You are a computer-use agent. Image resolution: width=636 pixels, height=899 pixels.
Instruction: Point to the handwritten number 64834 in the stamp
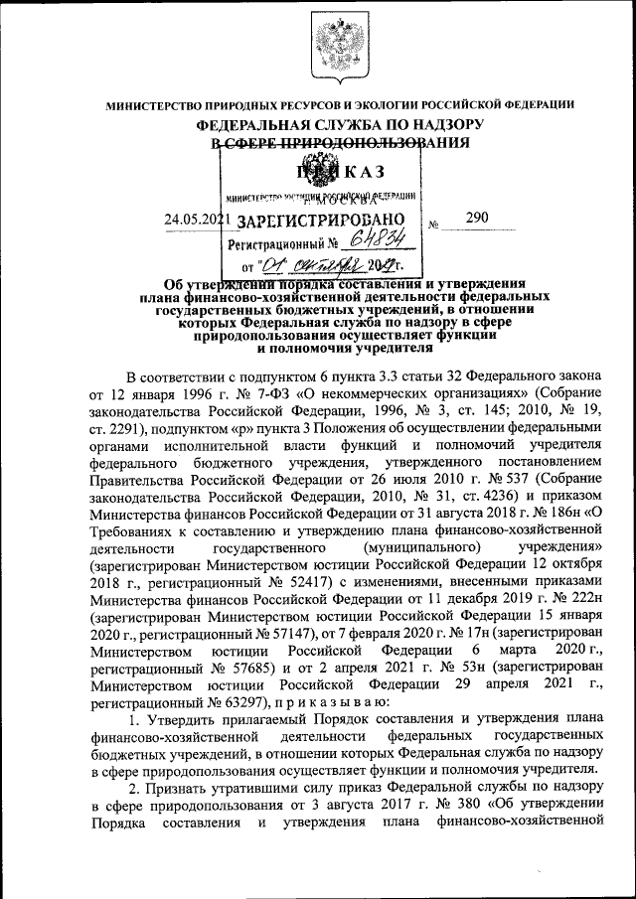pos(372,241)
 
